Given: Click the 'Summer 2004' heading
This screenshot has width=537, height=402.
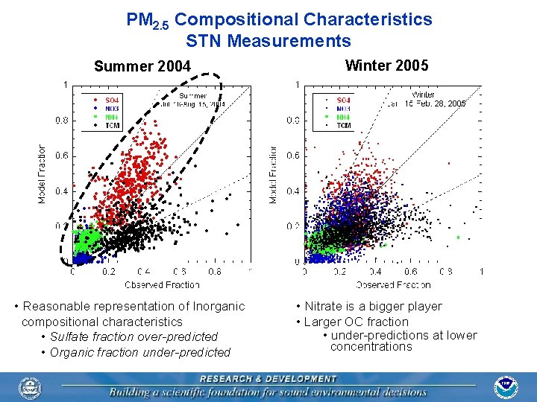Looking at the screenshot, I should (x=142, y=66).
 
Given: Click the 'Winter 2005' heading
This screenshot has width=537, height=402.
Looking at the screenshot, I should (x=386, y=66).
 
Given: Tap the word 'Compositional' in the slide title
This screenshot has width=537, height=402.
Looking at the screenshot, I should (x=236, y=19).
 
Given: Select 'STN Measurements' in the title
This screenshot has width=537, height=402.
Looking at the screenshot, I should (x=268, y=41).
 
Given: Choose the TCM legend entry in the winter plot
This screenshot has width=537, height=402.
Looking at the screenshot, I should (x=343, y=126).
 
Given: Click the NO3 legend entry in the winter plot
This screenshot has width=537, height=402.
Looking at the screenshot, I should (x=343, y=109).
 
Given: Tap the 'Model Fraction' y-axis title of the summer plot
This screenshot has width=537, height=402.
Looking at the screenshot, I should (x=42, y=173).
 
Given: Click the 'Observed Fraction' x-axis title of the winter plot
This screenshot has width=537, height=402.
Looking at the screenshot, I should (x=393, y=284).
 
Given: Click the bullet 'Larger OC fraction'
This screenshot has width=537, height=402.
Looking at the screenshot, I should (x=356, y=322).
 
